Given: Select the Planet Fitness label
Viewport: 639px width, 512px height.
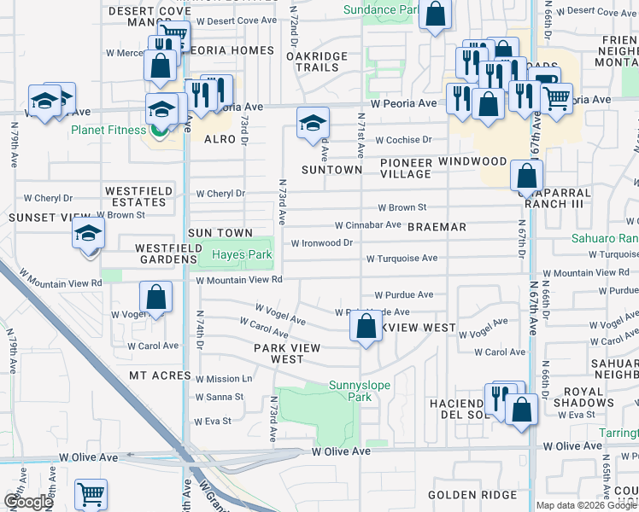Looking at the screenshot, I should (108, 131).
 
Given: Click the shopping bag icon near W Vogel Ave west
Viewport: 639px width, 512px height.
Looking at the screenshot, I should (155, 299).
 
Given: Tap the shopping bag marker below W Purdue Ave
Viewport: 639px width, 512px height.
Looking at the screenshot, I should (366, 326).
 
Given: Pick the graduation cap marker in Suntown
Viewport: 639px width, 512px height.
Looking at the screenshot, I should (314, 123).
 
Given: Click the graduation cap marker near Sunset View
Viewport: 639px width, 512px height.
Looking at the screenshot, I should (88, 233).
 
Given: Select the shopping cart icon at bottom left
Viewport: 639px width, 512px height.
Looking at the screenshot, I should (91, 494).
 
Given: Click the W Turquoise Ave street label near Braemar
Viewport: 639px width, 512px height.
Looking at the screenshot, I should (402, 258).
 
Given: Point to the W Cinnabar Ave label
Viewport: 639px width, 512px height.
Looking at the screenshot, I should (367, 225).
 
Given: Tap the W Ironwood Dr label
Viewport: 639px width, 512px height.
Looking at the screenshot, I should (322, 242).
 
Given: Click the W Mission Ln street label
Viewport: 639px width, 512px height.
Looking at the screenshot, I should (224, 378).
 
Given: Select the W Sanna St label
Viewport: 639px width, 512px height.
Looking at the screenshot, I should (220, 397).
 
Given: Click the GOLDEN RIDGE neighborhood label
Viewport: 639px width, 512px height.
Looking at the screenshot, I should (472, 495).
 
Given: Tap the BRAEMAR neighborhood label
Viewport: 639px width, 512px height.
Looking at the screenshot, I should (437, 227).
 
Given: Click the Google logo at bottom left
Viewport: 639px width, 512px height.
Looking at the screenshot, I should (28, 502).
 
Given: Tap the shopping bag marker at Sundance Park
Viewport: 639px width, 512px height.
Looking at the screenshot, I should (435, 14).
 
